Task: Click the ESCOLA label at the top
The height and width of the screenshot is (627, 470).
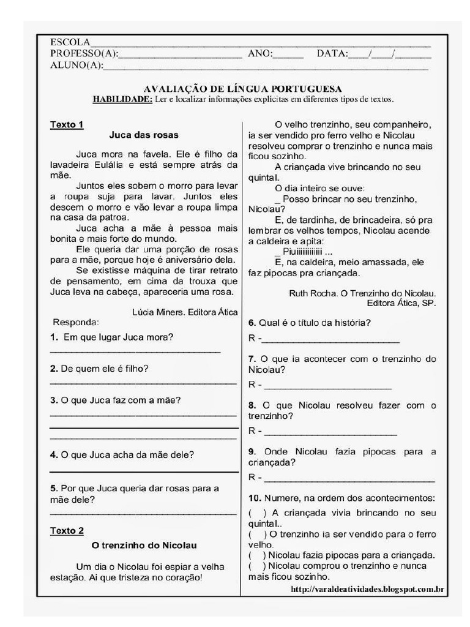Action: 70,43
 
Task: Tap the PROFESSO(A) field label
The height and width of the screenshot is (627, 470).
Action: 84,54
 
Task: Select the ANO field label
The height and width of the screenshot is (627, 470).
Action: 259,54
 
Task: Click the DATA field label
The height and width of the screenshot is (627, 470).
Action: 332,54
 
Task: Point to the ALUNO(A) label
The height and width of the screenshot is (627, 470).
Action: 76,65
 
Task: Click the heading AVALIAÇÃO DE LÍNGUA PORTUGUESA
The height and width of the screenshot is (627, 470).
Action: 242,89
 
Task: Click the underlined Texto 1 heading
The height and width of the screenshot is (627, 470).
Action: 66,124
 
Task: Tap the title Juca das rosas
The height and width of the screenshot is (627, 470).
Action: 144,135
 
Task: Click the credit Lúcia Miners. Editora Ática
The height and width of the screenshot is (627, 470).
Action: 185,312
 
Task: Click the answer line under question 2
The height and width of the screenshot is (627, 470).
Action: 143,382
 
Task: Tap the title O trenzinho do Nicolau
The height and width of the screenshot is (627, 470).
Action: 144,545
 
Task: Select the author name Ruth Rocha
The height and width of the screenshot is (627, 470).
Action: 311,293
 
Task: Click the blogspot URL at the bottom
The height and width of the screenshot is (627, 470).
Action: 367,589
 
